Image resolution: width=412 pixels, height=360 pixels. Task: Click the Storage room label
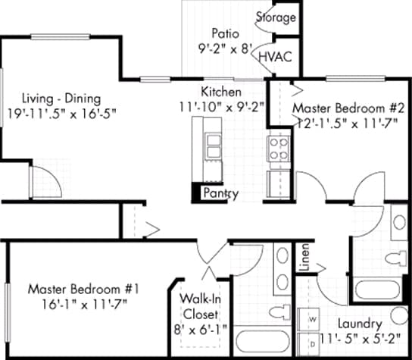276,17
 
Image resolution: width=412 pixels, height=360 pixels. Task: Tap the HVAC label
276,57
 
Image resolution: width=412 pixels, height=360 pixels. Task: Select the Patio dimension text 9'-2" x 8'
225,49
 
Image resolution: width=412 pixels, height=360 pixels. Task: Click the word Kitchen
221,92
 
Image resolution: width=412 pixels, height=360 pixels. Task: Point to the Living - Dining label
61,99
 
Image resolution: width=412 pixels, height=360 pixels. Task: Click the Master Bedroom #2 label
348,108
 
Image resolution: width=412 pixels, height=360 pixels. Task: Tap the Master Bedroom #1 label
83,290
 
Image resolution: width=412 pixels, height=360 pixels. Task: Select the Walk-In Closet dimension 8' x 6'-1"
201,330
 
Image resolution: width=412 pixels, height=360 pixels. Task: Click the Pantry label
221,194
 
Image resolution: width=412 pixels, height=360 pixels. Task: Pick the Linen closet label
304,258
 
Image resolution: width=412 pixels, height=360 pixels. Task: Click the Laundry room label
360,324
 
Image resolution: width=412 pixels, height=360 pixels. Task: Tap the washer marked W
308,320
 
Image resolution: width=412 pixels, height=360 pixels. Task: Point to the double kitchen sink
213,146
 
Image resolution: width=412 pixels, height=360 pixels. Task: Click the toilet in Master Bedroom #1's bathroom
281,313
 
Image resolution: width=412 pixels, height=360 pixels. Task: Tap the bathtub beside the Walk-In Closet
262,342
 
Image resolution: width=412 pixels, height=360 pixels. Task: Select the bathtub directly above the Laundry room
377,290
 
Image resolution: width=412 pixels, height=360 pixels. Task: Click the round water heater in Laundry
399,315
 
